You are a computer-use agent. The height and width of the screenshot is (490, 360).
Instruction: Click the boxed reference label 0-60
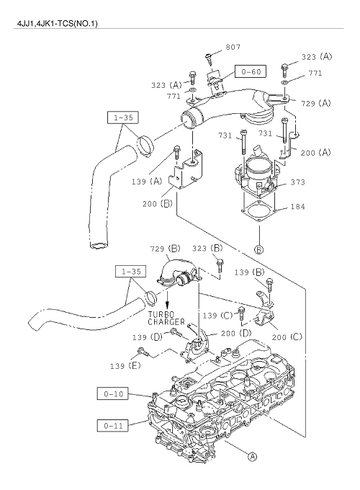[251, 71]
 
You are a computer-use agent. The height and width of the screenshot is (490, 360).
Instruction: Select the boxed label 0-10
[113, 393]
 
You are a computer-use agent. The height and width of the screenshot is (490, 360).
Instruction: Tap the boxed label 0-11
[113, 425]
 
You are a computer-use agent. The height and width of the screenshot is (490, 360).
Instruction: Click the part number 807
[233, 47]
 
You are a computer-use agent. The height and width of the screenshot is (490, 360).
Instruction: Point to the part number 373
[297, 182]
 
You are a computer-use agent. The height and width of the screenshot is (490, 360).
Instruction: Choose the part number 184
[297, 207]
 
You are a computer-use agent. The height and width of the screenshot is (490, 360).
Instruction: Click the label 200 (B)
[158, 204]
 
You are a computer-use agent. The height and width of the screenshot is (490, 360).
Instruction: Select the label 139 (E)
[125, 365]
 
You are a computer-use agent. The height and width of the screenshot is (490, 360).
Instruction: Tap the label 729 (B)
[165, 249]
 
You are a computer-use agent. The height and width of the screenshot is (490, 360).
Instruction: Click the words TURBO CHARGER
[166, 318]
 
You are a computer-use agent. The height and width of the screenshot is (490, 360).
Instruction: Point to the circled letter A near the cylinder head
[252, 457]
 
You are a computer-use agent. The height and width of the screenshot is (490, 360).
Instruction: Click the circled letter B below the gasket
[259, 250]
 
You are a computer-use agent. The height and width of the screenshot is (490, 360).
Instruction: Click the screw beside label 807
[209, 59]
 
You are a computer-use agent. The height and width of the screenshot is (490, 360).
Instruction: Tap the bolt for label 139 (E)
[144, 352]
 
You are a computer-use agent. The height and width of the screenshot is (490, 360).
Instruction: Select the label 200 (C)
[287, 337]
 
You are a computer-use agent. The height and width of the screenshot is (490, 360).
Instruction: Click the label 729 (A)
[316, 103]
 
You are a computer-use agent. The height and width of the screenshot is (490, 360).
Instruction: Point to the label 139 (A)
[147, 182]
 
